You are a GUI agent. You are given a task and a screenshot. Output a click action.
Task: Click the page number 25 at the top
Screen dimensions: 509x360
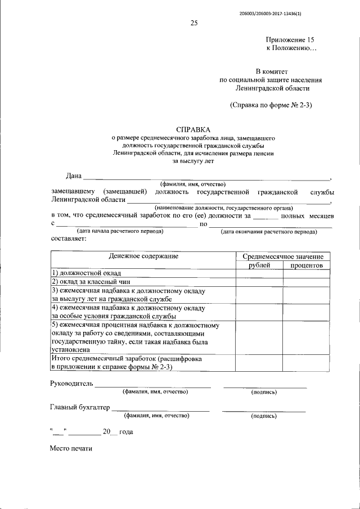point(194,23)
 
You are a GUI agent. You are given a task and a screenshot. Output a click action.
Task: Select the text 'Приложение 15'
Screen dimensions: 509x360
point(290,40)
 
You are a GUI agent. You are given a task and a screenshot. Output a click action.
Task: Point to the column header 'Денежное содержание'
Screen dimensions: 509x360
point(144,256)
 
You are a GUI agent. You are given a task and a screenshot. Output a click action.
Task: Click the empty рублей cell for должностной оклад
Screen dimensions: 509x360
point(259,273)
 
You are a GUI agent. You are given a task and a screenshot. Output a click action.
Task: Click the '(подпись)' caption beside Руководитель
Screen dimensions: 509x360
point(264,391)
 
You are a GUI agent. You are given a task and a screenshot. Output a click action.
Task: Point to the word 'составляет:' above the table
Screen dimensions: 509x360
point(68,238)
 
